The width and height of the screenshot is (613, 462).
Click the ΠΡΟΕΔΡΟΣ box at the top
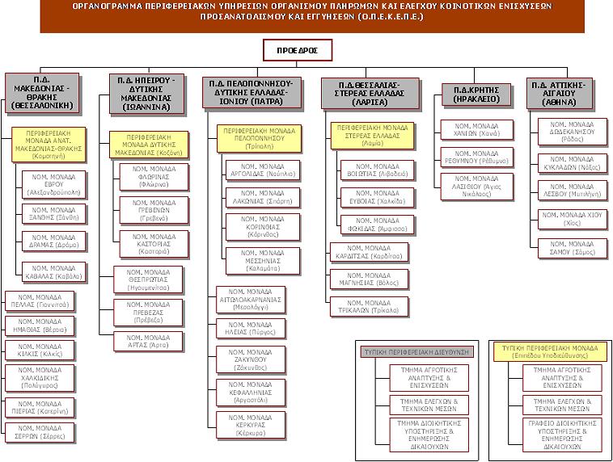[x=297, y=51]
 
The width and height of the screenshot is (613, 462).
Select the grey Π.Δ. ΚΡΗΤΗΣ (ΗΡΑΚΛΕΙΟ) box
[x=476, y=94]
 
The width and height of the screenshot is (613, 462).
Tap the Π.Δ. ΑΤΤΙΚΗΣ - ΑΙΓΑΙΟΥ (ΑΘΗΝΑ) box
[x=566, y=94]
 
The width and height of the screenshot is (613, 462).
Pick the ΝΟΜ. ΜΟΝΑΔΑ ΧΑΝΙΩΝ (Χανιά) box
[x=477, y=129]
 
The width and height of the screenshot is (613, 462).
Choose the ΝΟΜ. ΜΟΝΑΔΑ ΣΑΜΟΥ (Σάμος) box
[x=573, y=247]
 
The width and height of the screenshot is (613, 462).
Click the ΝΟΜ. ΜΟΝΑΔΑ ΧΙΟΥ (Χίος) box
[x=572, y=219]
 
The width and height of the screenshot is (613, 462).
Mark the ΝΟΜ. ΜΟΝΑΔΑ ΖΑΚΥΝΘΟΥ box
[x=251, y=359]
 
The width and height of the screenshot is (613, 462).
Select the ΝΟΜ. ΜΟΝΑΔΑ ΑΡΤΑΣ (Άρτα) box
[x=148, y=340]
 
